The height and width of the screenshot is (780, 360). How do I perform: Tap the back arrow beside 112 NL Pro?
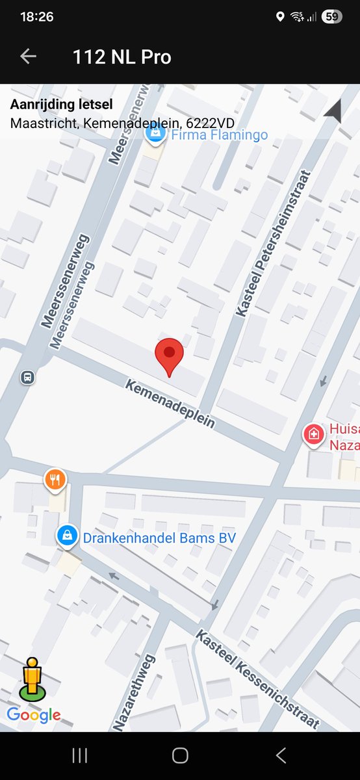28,57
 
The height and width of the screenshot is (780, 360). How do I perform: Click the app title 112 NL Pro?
122,57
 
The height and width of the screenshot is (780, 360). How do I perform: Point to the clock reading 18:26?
36,17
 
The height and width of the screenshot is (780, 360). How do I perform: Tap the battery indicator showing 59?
331,17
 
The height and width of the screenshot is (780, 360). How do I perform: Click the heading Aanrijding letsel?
62,105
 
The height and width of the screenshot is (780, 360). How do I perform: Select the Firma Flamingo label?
219,135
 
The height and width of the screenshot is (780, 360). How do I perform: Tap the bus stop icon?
27,376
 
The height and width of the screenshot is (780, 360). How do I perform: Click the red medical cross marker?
314,434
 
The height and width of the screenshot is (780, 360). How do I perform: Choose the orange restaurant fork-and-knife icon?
56,480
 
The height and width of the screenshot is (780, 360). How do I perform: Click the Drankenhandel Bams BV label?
159,538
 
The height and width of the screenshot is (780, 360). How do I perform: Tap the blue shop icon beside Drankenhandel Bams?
66,536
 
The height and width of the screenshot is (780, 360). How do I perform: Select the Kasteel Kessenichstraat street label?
258,679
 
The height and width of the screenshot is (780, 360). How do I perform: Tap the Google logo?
34,715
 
